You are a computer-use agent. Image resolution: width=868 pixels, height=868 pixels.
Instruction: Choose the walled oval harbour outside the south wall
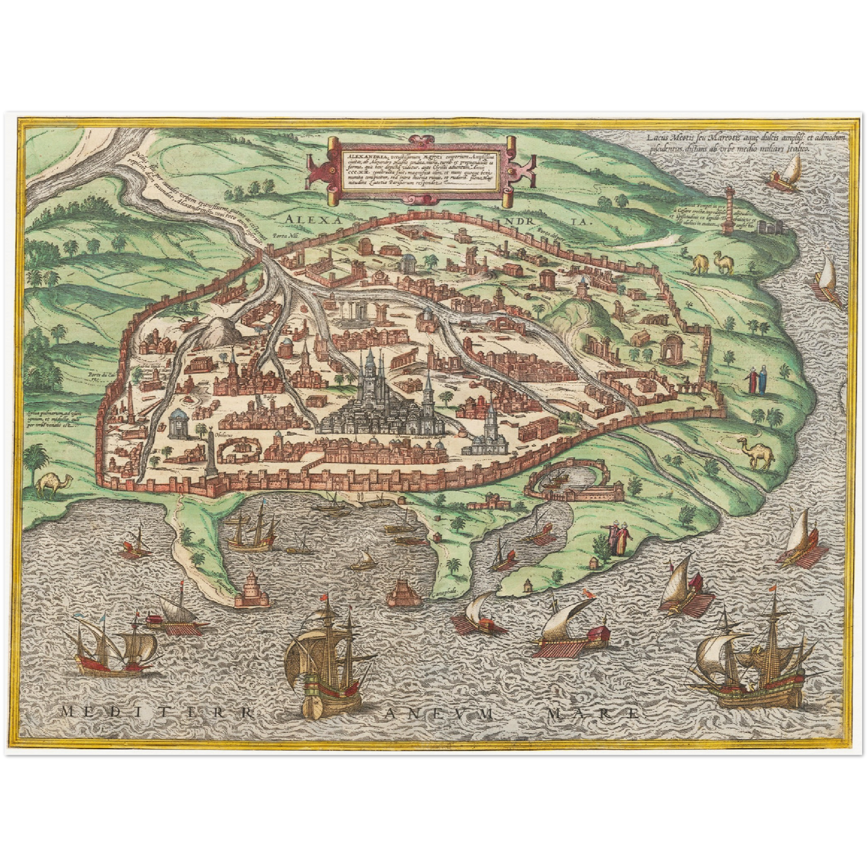point(568,485)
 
